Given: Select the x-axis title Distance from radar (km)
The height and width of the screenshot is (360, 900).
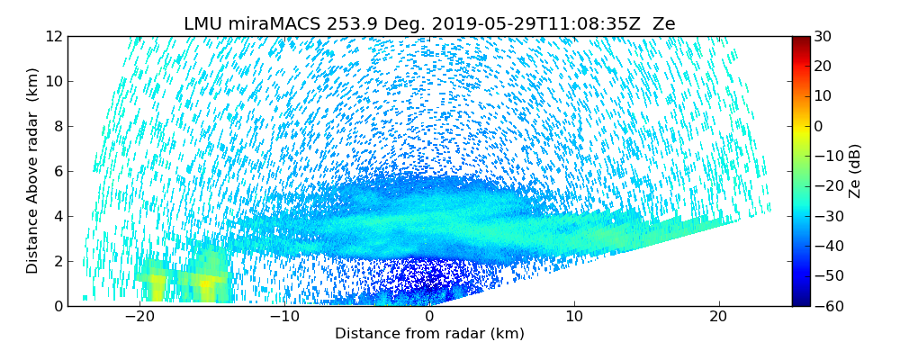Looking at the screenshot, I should point(429,334).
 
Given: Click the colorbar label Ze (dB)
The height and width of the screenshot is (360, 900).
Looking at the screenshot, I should point(855,171).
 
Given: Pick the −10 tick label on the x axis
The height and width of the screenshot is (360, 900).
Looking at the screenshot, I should point(283,317).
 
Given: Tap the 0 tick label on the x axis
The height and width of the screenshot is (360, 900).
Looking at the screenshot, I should point(429,317).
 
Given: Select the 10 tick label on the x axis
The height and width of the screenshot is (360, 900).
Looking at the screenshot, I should point(574,317).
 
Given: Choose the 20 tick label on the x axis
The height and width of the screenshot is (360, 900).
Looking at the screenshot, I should point(719,317).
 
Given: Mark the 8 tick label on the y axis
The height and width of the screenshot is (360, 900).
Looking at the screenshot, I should point(58,127).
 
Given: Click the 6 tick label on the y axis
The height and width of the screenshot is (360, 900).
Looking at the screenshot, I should point(58,172).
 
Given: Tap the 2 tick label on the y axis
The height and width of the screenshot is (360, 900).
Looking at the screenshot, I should point(58,262).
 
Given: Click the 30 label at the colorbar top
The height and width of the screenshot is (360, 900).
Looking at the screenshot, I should point(822,37).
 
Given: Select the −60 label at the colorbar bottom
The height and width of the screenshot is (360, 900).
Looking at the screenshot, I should point(825,306).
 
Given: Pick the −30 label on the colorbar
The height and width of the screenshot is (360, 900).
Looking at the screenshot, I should point(825,216).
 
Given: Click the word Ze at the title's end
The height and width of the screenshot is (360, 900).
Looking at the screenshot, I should point(664,24).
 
